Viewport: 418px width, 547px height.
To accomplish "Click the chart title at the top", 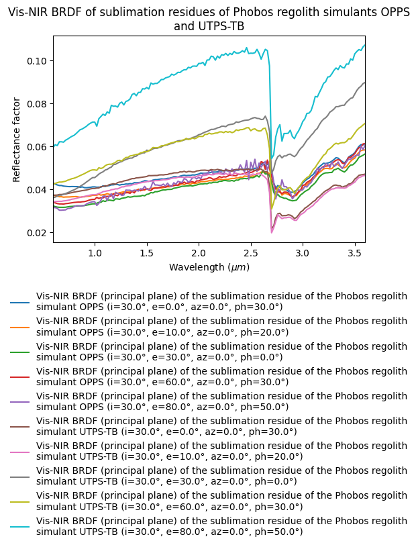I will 209,19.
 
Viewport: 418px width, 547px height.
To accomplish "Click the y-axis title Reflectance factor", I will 17,140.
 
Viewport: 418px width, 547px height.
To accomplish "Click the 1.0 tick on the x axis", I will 95,254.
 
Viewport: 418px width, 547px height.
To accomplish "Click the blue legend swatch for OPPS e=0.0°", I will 20,303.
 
